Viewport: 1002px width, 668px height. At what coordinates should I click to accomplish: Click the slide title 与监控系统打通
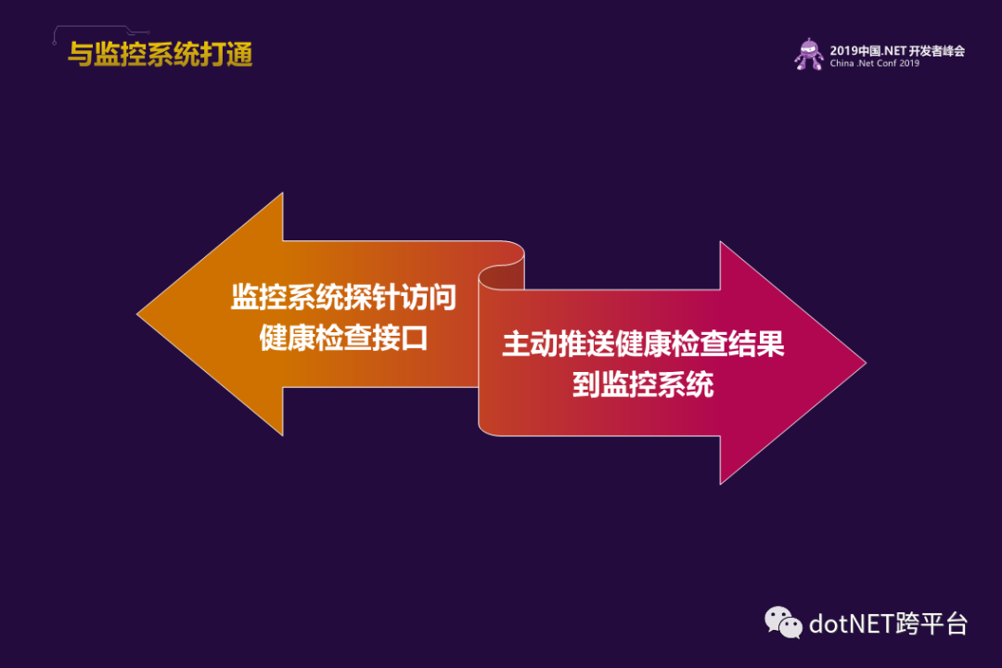pyautogui.click(x=161, y=55)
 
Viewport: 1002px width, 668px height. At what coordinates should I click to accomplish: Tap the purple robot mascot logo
pyautogui.click(x=809, y=55)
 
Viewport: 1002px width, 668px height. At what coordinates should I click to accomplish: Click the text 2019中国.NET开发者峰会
pyautogui.click(x=897, y=50)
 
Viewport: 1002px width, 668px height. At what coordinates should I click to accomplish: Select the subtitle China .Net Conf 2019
pyautogui.click(x=874, y=63)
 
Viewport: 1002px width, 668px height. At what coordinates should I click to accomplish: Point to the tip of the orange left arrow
pyautogui.click(x=137, y=314)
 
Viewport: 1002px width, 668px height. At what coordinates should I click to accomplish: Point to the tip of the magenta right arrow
pyautogui.click(x=866, y=363)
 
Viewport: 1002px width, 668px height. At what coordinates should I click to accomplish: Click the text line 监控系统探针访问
pyautogui.click(x=344, y=297)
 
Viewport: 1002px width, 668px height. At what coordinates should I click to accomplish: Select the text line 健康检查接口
pyautogui.click(x=344, y=338)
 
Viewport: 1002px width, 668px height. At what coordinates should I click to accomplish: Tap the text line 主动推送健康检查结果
pyautogui.click(x=643, y=344)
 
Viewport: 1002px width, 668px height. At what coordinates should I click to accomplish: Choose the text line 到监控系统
pyautogui.click(x=643, y=385)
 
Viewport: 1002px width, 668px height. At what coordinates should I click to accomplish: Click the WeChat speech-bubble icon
pyautogui.click(x=783, y=623)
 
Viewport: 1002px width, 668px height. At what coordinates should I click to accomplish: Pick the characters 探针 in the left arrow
pyautogui.click(x=372, y=297)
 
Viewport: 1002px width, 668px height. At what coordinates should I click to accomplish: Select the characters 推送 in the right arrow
pyautogui.click(x=586, y=344)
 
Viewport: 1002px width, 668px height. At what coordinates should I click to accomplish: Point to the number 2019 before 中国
pyautogui.click(x=842, y=51)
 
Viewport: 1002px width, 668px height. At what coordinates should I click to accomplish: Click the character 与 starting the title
pyautogui.click(x=81, y=55)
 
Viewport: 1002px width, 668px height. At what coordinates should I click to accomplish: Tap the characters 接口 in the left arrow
pyautogui.click(x=400, y=338)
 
